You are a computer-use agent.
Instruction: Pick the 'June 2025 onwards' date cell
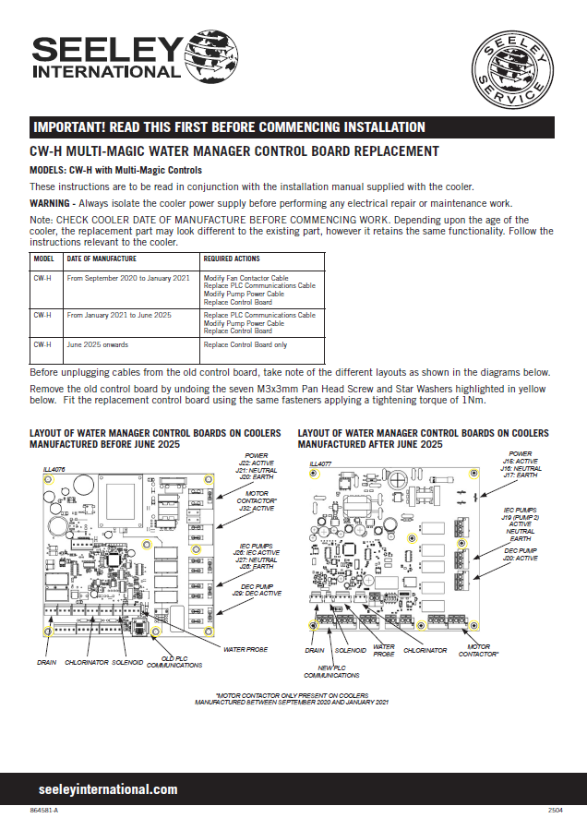tap(97, 344)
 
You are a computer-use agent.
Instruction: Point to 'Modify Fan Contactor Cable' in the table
tap(246, 277)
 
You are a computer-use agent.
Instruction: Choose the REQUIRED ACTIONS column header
tap(232, 259)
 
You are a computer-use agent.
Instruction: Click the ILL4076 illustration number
tap(42, 469)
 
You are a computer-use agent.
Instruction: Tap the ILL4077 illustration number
tap(319, 463)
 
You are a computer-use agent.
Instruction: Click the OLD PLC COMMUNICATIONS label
tap(174, 661)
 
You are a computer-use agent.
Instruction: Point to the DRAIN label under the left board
tap(47, 662)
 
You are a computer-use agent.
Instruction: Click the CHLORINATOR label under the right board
tap(425, 651)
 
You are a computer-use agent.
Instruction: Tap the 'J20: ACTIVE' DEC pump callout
tap(520, 559)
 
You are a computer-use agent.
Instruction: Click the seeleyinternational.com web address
tap(108, 789)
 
